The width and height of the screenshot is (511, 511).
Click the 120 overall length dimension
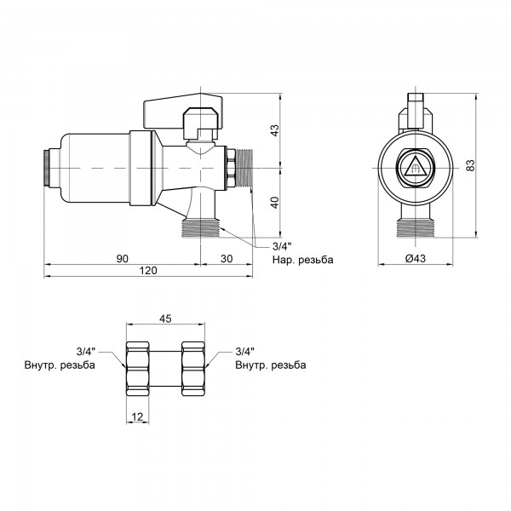[x=148, y=271]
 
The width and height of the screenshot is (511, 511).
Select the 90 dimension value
[x=122, y=259]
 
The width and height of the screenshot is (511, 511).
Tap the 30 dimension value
[x=227, y=259]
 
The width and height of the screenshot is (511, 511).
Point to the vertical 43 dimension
[x=275, y=130]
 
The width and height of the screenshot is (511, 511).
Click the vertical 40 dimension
[x=275, y=203]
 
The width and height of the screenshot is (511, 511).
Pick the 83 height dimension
[x=470, y=165]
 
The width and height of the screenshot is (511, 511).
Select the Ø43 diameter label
[x=416, y=259]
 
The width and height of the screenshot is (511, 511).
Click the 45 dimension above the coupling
[x=165, y=319]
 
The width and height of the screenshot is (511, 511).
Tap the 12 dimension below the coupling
[x=137, y=416]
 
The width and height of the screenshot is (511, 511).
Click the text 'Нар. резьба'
[x=302, y=260]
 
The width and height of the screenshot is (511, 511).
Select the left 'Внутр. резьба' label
[x=60, y=365]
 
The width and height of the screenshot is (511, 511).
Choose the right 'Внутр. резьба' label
[x=271, y=365]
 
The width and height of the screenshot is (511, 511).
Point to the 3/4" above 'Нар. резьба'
[x=281, y=246]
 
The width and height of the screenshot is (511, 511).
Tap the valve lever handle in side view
[x=183, y=110]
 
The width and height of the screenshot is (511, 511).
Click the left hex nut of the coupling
[x=137, y=369]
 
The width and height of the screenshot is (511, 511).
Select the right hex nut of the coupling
[x=193, y=369]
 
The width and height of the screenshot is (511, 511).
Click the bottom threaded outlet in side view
[x=200, y=227]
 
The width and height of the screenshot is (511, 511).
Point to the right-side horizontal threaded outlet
[x=244, y=168]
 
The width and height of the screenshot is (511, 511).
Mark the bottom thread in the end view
[x=416, y=227]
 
